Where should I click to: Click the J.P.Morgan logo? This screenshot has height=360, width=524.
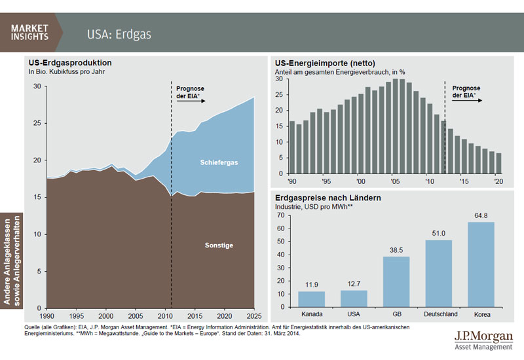(482, 340)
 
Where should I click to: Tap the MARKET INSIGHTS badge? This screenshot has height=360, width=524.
(29, 32)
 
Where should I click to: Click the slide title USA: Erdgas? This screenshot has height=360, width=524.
(119, 33)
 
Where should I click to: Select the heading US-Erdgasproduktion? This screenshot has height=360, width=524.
(69, 63)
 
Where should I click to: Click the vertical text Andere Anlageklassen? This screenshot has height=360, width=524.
(8, 259)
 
